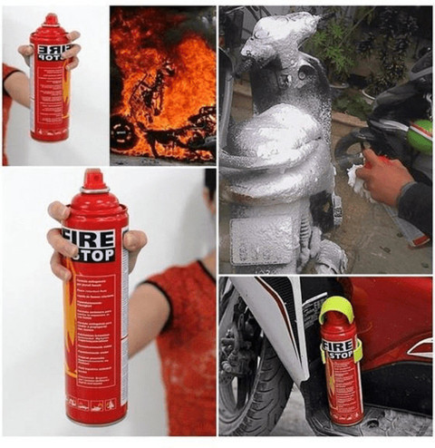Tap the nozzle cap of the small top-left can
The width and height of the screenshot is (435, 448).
(50, 20)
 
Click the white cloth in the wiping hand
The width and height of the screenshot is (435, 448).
(356, 176)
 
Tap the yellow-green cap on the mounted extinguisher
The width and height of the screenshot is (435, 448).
(336, 309)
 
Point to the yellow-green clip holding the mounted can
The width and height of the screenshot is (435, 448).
(359, 350)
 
